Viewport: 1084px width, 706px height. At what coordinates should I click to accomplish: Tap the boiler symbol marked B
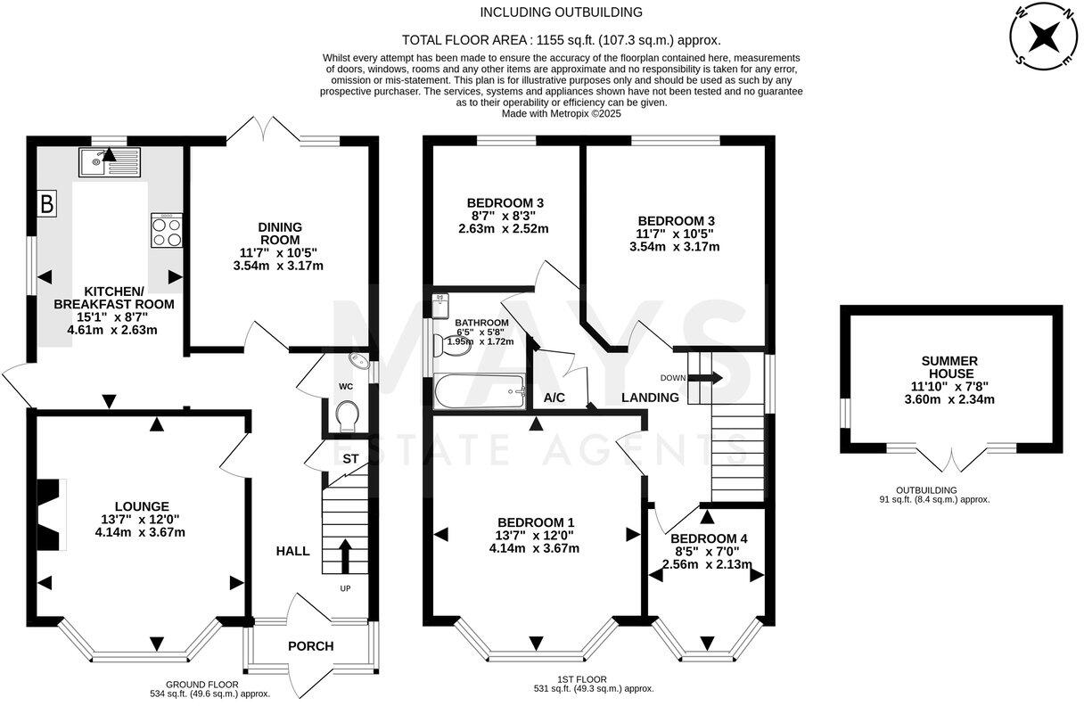point(47,204)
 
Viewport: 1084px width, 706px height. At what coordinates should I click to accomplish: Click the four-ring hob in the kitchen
point(166,231)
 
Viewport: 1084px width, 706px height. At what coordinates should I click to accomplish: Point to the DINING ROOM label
point(281,233)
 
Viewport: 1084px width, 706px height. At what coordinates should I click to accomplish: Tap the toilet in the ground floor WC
point(346,415)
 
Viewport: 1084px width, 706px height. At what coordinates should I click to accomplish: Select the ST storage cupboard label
point(350,458)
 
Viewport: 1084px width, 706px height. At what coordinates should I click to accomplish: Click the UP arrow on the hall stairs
point(344,556)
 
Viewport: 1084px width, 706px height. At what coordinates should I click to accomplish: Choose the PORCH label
point(310,645)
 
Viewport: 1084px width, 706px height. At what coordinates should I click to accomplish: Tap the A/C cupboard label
point(554,397)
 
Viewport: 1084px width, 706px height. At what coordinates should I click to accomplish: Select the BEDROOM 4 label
point(708,538)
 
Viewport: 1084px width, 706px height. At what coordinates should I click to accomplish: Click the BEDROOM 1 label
point(535,522)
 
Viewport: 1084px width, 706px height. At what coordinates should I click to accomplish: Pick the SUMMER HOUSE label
point(949,367)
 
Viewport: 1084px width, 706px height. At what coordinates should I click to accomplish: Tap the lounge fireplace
point(53,515)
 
